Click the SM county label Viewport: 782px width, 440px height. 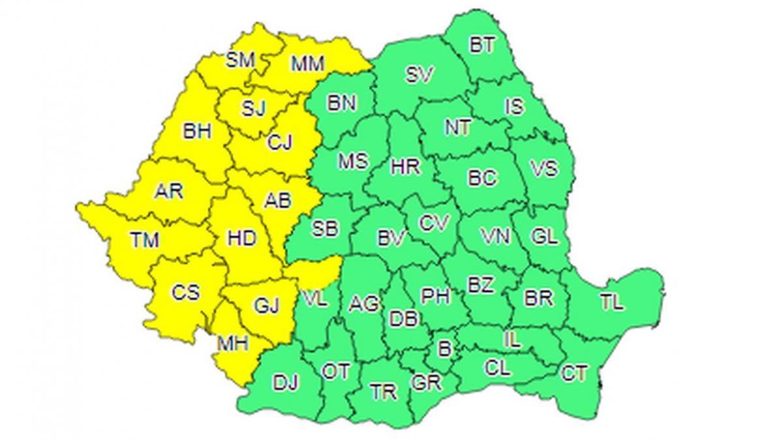point(240,61)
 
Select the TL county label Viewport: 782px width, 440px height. point(612,302)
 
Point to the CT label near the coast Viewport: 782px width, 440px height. point(573,373)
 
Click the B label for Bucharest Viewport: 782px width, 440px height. point(444,349)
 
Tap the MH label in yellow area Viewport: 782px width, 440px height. point(233,343)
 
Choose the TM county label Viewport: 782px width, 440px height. point(145,241)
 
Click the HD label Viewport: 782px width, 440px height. point(241,238)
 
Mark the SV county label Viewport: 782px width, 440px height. point(420,75)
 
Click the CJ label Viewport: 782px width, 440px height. point(280,141)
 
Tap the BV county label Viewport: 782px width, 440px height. point(391,238)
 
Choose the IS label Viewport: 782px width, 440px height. point(515,106)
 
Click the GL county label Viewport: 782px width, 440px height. point(545,236)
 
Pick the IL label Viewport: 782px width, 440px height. point(512,340)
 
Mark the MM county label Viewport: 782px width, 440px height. point(307,63)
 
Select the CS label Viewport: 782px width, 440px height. point(186,293)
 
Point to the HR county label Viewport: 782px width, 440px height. point(405,167)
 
